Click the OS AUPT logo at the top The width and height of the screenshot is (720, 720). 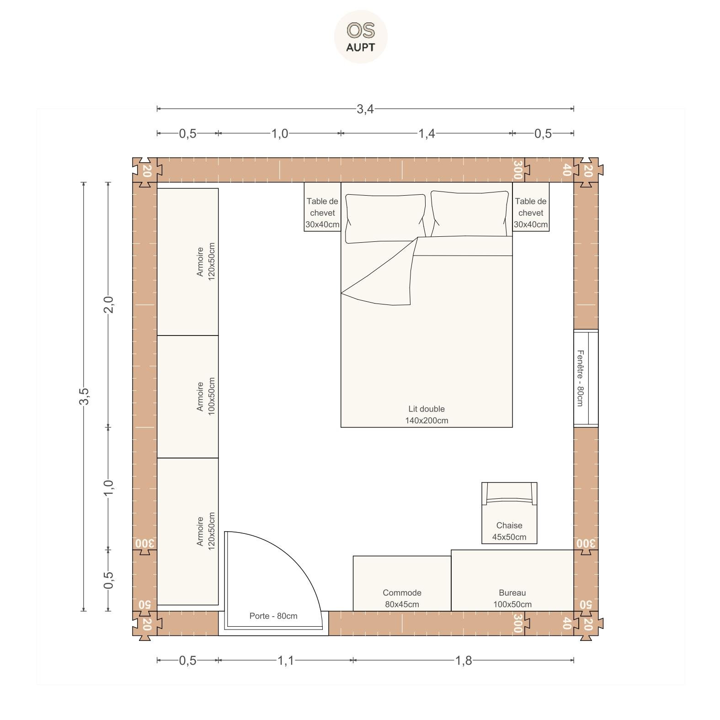pyautogui.click(x=361, y=37)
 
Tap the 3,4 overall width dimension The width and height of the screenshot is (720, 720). pyautogui.click(x=365, y=109)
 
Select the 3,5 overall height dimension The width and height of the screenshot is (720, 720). pyautogui.click(x=84, y=396)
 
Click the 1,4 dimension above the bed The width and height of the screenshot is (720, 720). pyautogui.click(x=427, y=133)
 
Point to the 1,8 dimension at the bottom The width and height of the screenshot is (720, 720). pyautogui.click(x=463, y=661)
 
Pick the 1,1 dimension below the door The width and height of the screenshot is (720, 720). pyautogui.click(x=286, y=661)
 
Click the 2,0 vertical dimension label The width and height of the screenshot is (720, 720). pyautogui.click(x=108, y=304)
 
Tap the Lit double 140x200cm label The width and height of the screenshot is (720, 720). pyautogui.click(x=427, y=415)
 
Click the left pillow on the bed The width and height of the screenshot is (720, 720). pyautogui.click(x=385, y=218)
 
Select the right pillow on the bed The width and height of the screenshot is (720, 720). pyautogui.click(x=469, y=214)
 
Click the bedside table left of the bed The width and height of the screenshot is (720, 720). pyautogui.click(x=322, y=207)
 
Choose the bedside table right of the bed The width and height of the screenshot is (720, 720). pyautogui.click(x=531, y=207)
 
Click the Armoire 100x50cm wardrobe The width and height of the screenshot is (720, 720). pyautogui.click(x=187, y=397)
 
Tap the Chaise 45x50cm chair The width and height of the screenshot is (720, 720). pyautogui.click(x=509, y=513)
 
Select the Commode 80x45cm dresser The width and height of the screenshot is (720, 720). pyautogui.click(x=402, y=583)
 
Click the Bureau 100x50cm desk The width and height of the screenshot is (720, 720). pyautogui.click(x=512, y=580)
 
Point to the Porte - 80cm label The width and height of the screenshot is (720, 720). pyautogui.click(x=273, y=616)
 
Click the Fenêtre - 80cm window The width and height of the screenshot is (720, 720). pyautogui.click(x=586, y=378)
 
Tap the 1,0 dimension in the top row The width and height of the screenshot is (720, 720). pyautogui.click(x=280, y=133)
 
